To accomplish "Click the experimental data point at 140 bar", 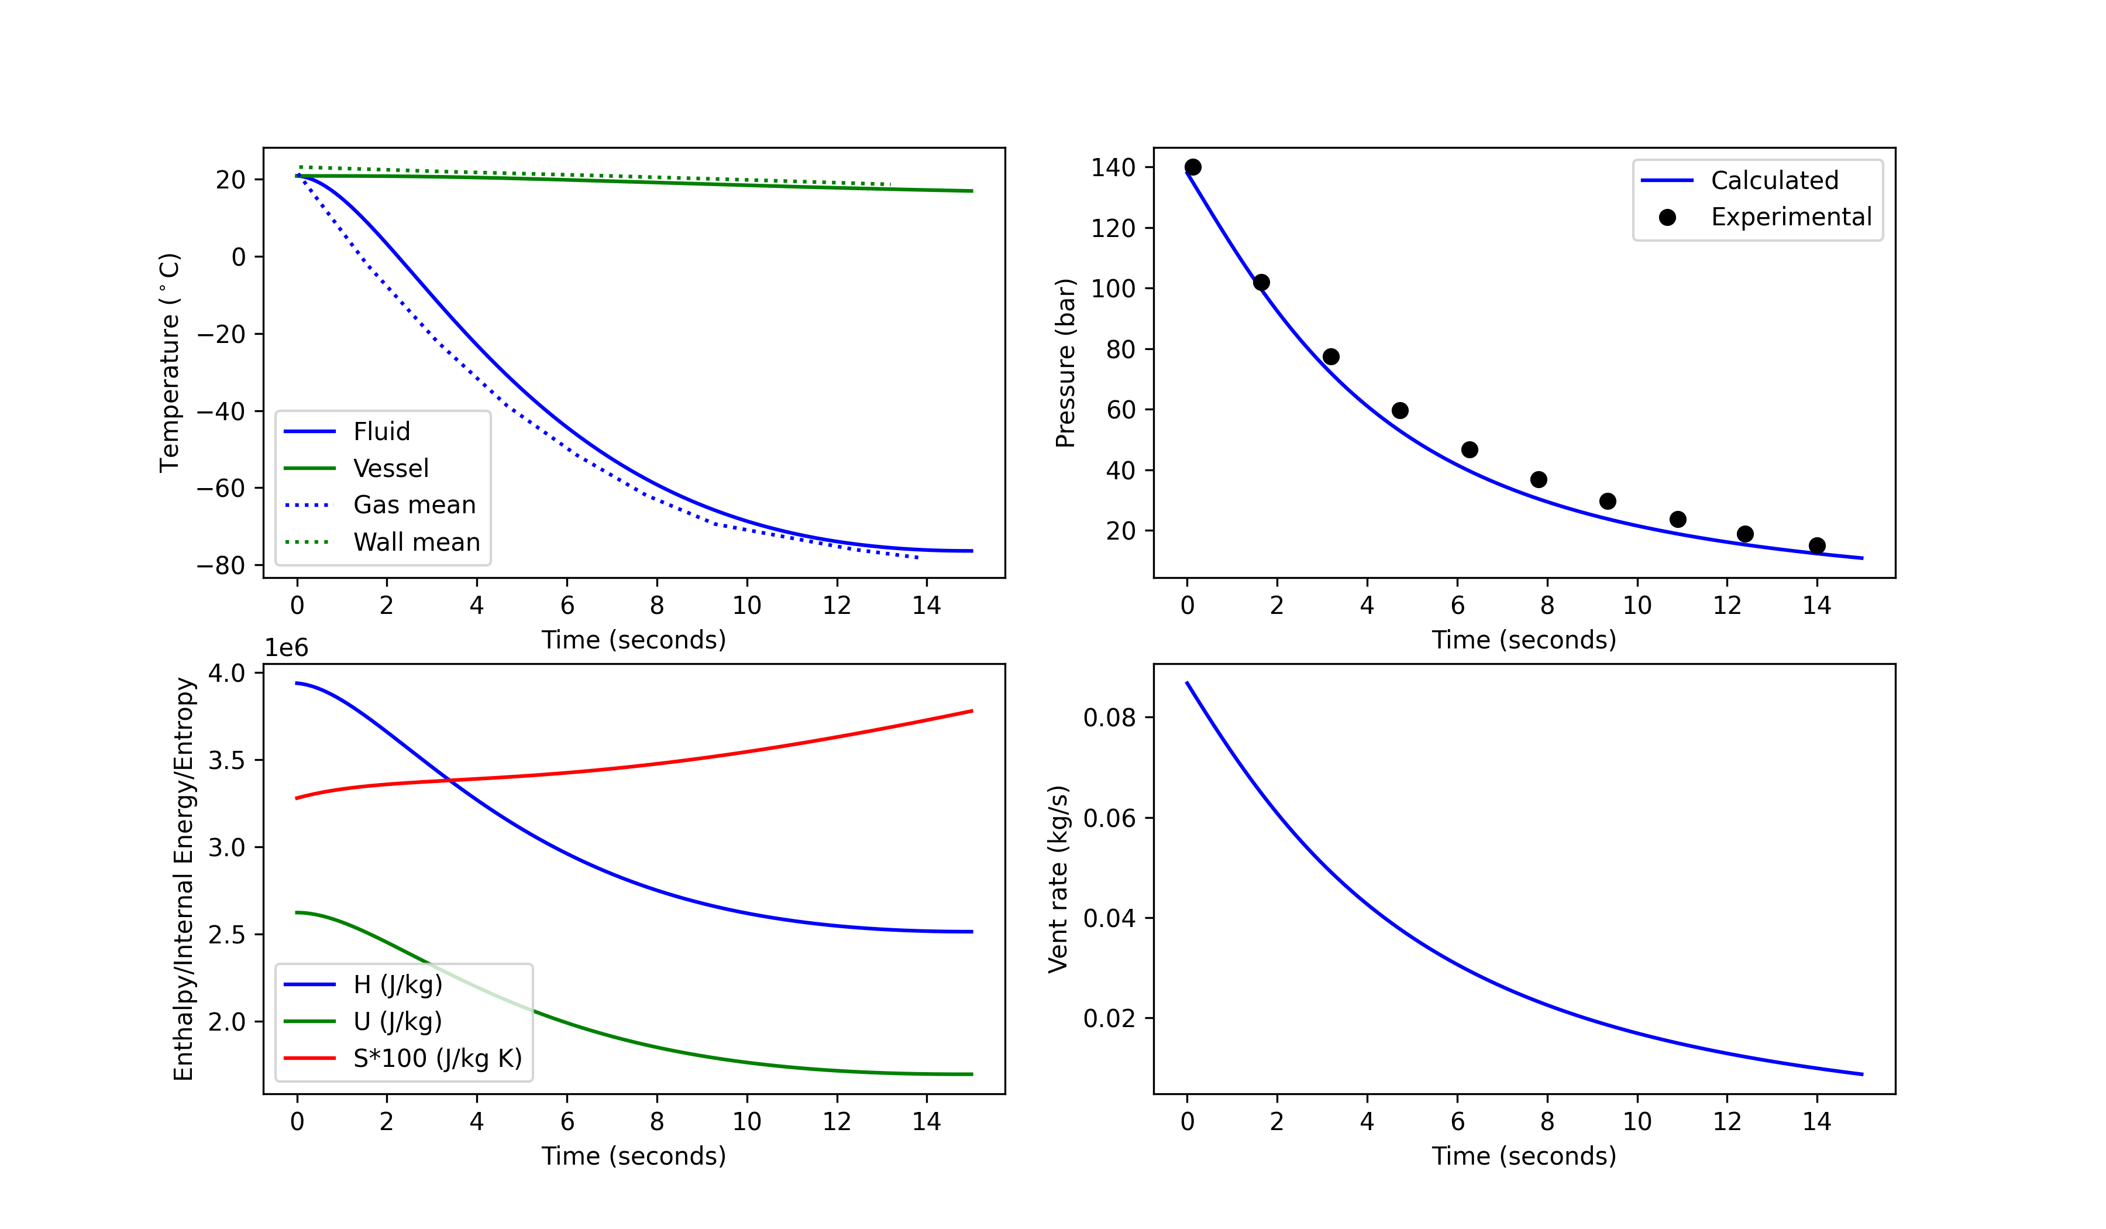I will tap(1193, 167).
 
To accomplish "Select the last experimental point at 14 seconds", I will tap(1817, 546).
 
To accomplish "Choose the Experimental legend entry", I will tap(1791, 217).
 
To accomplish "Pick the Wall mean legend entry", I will tap(416, 542).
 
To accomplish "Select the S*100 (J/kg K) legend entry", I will tap(437, 1059).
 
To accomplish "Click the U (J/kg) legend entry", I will tap(398, 1022).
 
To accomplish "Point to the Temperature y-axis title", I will tap(170, 362).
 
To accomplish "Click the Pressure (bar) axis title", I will tap(1065, 362).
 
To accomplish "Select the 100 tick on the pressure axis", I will tap(1113, 289).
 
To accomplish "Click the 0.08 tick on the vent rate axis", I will tap(1109, 718).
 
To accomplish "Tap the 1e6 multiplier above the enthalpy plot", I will tap(287, 648).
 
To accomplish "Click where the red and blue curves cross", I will tap(450, 781).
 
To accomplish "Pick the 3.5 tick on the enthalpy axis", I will tap(226, 761).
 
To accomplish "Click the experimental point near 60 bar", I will tap(1400, 410).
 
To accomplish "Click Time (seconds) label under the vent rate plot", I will tap(1523, 1156).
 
